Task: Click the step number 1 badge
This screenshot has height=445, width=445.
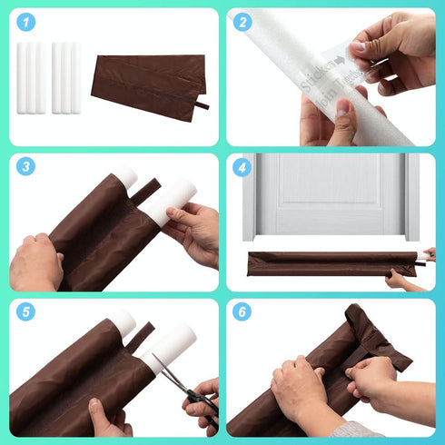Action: tap(25, 22)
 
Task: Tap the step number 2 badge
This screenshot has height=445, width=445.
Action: tap(242, 22)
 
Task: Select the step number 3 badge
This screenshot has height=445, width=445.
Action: tap(25, 167)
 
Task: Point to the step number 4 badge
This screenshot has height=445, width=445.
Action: tap(242, 167)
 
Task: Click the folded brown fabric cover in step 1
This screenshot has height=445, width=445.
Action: tap(147, 77)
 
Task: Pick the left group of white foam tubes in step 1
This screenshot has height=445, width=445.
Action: tap(30, 77)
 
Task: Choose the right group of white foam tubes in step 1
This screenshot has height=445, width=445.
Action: tap(65, 77)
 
